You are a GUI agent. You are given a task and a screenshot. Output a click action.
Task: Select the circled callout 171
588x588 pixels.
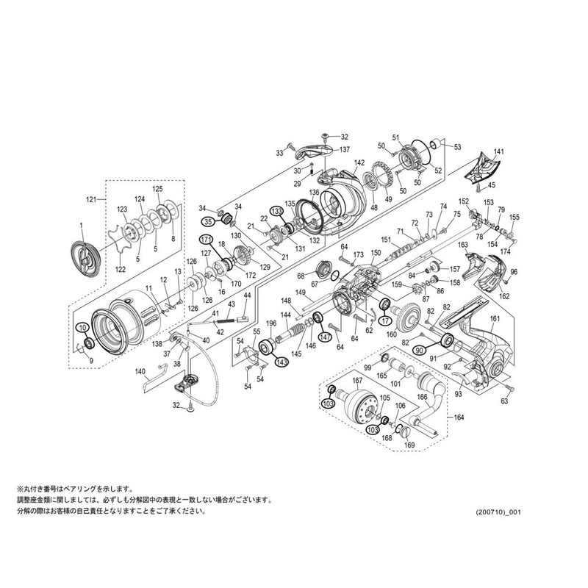(205, 240)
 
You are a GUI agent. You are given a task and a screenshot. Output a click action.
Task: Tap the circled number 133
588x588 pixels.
(276, 210)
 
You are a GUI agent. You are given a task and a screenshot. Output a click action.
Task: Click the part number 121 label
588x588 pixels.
(91, 199)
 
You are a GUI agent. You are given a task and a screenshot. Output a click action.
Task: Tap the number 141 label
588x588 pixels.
(499, 151)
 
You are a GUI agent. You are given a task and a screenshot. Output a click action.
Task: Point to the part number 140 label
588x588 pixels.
(140, 372)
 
